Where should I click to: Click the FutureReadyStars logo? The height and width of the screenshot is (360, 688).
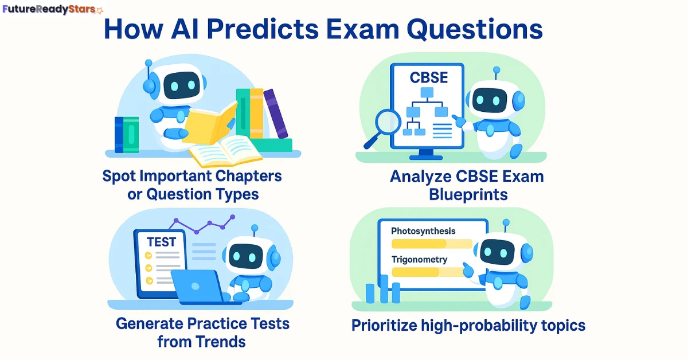tap(52, 10)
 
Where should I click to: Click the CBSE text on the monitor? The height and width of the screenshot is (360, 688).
tap(429, 77)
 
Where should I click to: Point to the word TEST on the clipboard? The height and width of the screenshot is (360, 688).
tap(161, 242)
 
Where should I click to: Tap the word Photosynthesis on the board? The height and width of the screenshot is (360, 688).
tap(423, 231)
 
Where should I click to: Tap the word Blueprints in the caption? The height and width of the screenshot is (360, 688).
tap(468, 194)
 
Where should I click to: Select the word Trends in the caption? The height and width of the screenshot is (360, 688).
tap(220, 342)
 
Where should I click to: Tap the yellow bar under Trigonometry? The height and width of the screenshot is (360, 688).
tap(419, 272)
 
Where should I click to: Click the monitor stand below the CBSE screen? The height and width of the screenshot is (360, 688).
tap(427, 154)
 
